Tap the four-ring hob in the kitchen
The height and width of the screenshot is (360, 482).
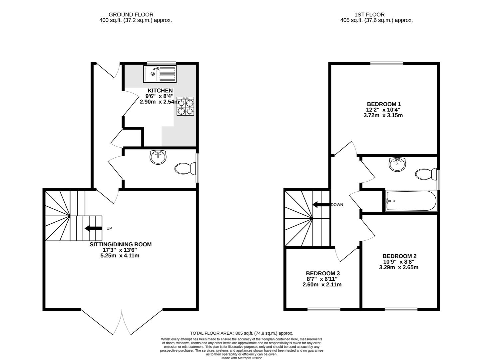click(186, 106)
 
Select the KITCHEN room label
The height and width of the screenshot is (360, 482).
click(160, 90)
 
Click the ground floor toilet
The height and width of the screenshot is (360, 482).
click(185, 169)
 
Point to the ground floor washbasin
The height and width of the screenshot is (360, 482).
click(158, 157)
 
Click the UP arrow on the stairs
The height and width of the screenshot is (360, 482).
click(94, 228)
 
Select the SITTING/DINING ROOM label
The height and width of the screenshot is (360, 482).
click(121, 244)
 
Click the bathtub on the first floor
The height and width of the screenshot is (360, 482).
click(411, 201)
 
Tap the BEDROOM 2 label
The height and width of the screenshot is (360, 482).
click(399, 256)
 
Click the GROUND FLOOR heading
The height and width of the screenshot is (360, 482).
click(131, 15)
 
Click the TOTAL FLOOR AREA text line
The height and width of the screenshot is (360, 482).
click(241, 333)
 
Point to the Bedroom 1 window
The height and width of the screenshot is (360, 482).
click(386, 63)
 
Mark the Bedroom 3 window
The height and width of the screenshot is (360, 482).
click(324, 309)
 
